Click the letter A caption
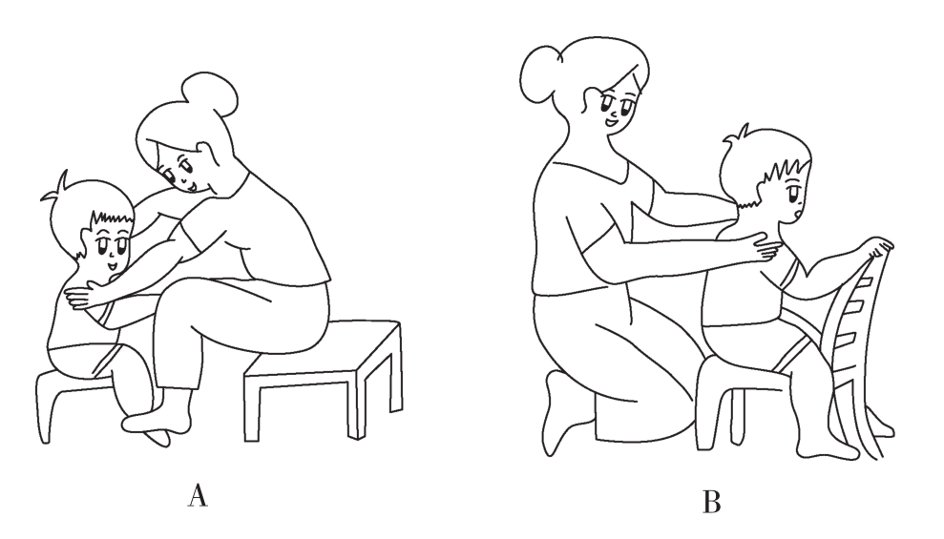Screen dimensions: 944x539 click(x=198, y=494)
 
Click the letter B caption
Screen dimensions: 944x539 click(x=711, y=502)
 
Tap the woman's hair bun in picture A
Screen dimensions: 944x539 click(x=210, y=93)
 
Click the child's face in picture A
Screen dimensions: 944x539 click(x=110, y=248)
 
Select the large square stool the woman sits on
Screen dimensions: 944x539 click(x=324, y=379)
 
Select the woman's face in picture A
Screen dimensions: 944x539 click(x=178, y=169)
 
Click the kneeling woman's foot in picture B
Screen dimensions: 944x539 click(x=563, y=415)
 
